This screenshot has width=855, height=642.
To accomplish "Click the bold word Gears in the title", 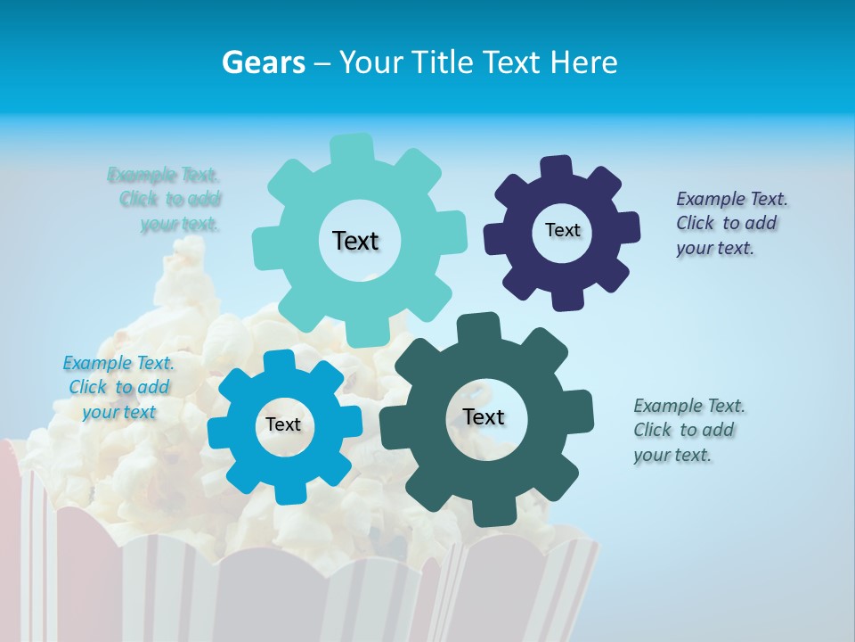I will pos(263,62).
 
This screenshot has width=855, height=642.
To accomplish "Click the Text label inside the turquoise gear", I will pos(355,241).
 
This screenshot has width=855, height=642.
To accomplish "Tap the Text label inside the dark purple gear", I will pos(562,230).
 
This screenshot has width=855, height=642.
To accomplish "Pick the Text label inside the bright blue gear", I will pos(283,424).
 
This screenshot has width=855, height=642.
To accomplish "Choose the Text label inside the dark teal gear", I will pos(484,416).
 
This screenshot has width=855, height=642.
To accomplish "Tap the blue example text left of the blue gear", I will pos(118,387).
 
